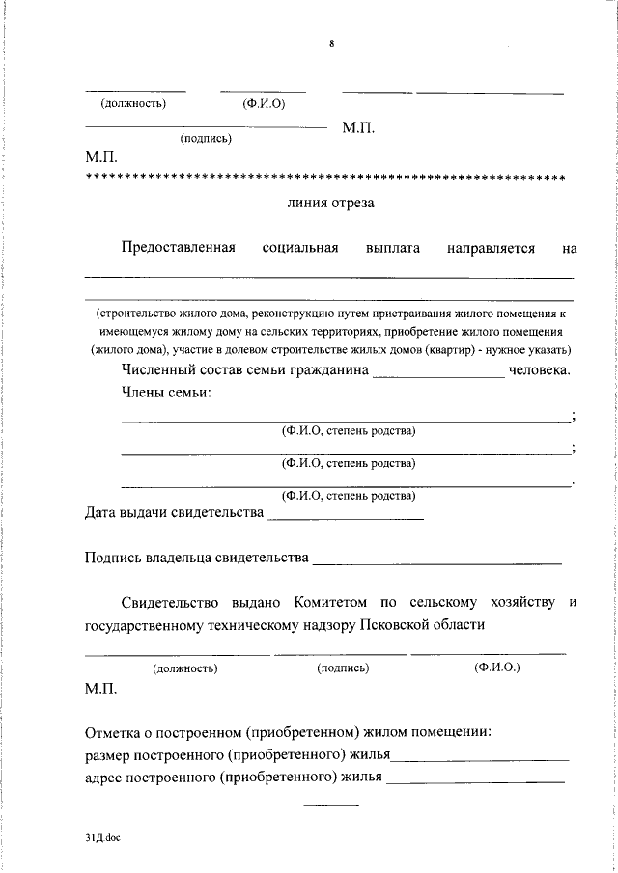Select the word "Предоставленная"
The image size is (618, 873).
pyautogui.click(x=179, y=248)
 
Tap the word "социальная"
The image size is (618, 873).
pyautogui.click(x=299, y=248)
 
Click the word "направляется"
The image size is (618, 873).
pyautogui.click(x=491, y=248)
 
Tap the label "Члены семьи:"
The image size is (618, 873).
pyautogui.click(x=166, y=393)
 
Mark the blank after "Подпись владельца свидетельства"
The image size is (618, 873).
pyautogui.click(x=437, y=560)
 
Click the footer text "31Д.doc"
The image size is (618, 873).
pyautogui.click(x=101, y=839)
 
